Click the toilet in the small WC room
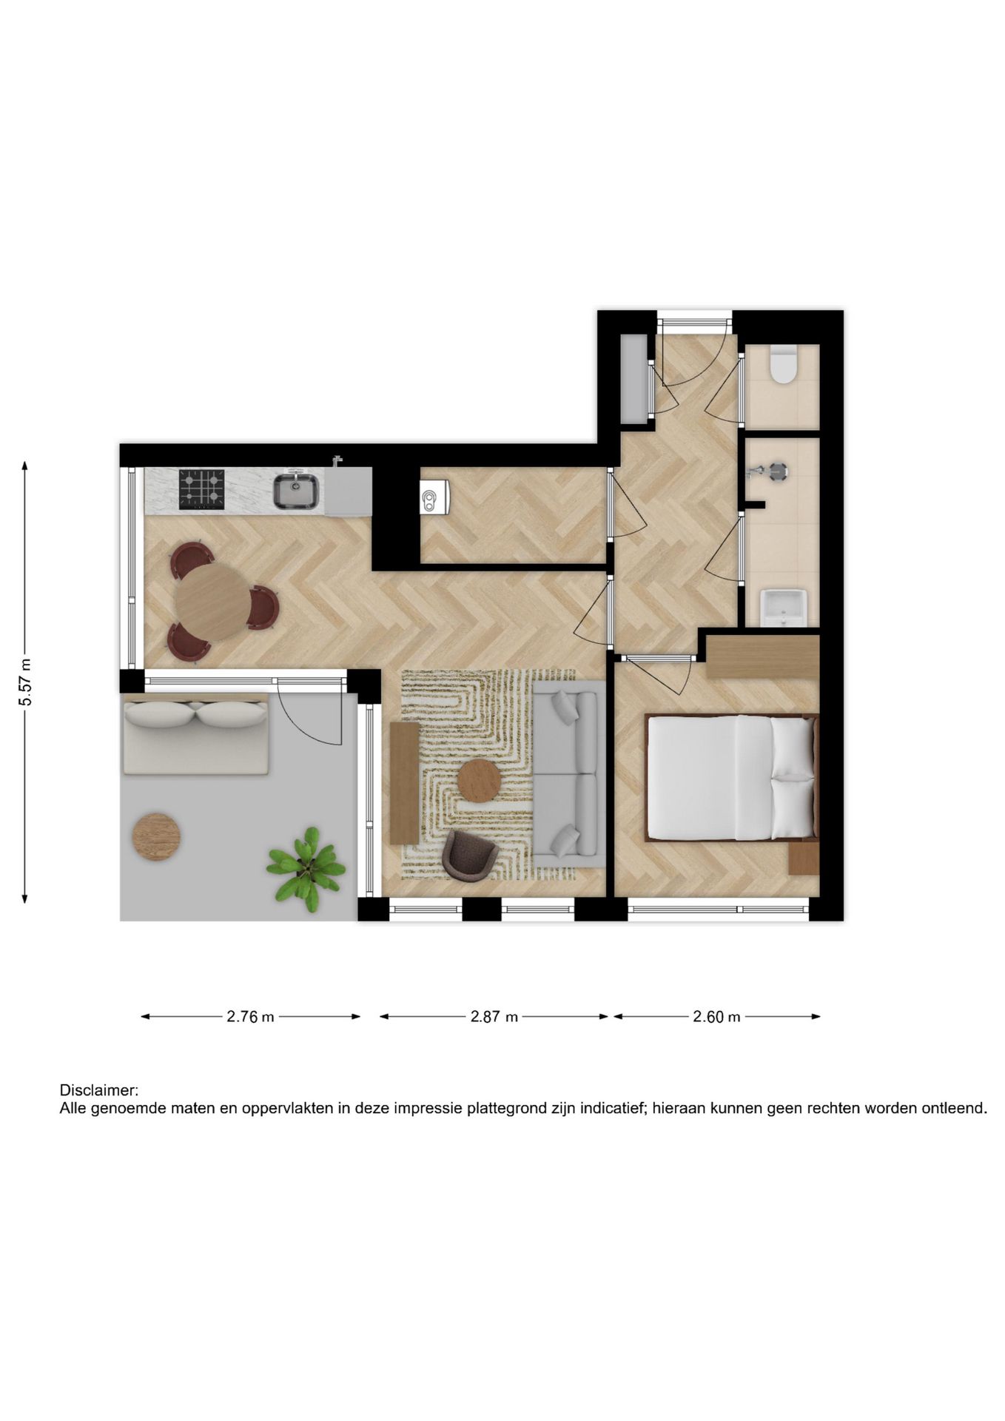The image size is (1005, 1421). coord(782,365)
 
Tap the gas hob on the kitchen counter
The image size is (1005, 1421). coord(201,489)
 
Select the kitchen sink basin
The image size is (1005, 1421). coord(296,491)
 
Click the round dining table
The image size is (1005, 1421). coord(212,602)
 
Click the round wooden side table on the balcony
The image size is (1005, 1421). coord(156,837)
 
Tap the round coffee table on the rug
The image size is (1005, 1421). coord(479,781)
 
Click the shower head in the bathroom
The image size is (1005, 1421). coord(777,471)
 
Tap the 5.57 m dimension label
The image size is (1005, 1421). coord(25,682)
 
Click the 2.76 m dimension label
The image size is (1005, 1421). coord(250,1017)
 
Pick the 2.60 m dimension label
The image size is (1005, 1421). coord(716,1017)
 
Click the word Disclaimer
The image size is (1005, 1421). coord(98,1090)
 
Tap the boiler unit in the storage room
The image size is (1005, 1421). coord(433,496)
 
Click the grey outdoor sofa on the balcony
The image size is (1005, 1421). coord(195,735)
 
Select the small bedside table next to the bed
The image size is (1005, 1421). coord(804,858)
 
